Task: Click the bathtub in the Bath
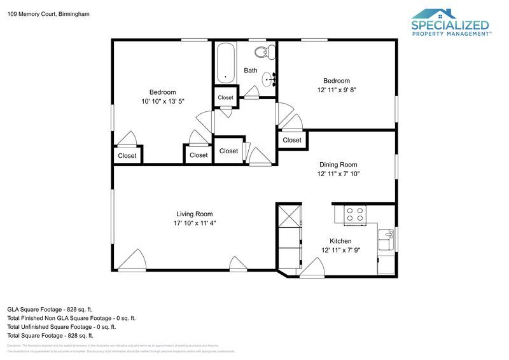(x=225, y=64)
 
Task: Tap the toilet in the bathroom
(x=261, y=52)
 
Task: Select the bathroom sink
(x=271, y=79)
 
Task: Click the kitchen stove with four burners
(x=355, y=214)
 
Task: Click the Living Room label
(x=194, y=214)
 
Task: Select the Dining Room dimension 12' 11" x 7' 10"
(x=340, y=174)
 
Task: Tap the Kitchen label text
(x=340, y=241)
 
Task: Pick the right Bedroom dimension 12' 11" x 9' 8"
(x=336, y=90)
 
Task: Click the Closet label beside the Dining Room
(x=292, y=140)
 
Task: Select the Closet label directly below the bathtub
(x=226, y=97)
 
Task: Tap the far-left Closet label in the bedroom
(x=127, y=155)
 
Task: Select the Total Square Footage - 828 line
(x=50, y=335)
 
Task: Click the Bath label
(x=251, y=71)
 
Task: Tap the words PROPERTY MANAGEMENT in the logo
(x=450, y=34)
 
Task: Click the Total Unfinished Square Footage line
(x=61, y=326)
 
